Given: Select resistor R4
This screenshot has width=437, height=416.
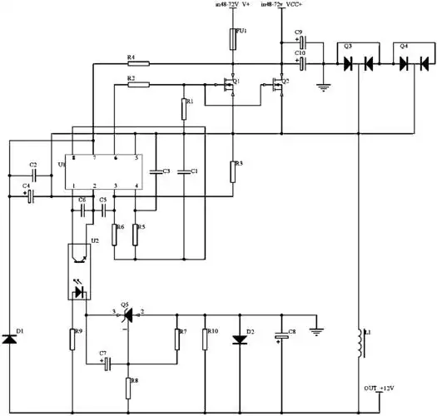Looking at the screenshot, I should tap(138, 62).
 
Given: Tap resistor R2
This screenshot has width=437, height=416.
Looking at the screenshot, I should tap(138, 83).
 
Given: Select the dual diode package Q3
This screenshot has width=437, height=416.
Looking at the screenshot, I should tap(356, 62).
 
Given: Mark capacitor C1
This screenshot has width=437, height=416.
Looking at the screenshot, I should tap(187, 171).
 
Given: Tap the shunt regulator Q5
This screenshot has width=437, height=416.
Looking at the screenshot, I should tap(127, 318).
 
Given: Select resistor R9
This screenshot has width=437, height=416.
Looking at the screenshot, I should tap(73, 339).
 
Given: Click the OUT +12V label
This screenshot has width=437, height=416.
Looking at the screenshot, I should tap(379, 389).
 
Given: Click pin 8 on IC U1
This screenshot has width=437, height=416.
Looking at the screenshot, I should tap(73, 157).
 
